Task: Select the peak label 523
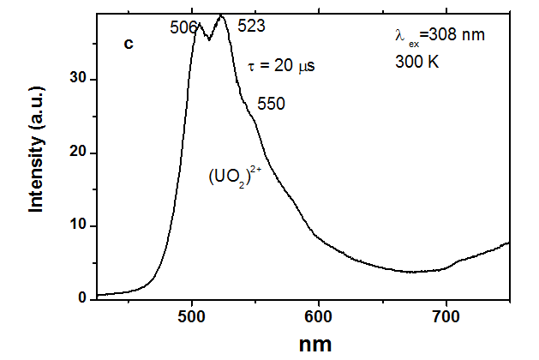[251, 26]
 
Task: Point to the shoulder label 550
[271, 103]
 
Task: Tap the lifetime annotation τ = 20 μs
[287, 66]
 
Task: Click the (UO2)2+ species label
[237, 175]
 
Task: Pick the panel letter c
[129, 43]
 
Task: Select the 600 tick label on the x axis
[319, 315]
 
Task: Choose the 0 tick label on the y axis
[83, 298]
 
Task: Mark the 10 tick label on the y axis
[80, 225]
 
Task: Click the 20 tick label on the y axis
[80, 153]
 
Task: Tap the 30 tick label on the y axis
[80, 79]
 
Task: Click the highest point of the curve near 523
[222, 15]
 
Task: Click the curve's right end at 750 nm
[509, 243]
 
